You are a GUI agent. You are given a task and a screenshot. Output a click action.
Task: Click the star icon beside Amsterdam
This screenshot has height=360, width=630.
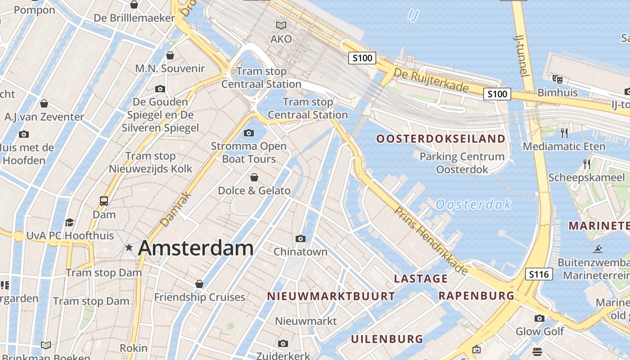tap(129, 247)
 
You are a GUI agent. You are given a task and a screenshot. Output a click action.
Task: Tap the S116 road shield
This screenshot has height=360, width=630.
tap(539, 274)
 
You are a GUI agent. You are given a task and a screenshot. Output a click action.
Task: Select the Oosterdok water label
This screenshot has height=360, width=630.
tap(473, 205)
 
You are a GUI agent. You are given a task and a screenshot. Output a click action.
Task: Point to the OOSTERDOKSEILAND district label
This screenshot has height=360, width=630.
tap(441, 139)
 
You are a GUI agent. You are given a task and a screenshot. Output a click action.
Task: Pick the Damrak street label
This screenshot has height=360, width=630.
tap(175, 209)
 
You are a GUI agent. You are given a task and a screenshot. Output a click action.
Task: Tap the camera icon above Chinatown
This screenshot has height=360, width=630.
tap(301, 238)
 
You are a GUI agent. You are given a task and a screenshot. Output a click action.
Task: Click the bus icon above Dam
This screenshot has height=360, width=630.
tap(104, 201)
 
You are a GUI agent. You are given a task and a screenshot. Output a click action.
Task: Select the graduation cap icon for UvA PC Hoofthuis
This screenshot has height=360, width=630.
tap(69, 222)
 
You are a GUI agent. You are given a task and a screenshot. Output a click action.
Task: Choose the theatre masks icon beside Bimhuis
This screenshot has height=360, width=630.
tap(558, 79)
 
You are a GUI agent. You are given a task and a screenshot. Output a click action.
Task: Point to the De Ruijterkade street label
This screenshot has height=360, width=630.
tap(431, 80)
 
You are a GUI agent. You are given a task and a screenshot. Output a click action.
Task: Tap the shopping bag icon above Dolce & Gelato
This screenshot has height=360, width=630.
tap(254, 177)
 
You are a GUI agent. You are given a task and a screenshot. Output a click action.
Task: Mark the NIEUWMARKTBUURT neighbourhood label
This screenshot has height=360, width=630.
tap(331, 296)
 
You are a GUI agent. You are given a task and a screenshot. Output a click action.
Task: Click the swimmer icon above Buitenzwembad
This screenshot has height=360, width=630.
tap(598, 249)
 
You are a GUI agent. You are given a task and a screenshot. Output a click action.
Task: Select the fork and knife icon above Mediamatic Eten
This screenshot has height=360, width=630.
tap(564, 133)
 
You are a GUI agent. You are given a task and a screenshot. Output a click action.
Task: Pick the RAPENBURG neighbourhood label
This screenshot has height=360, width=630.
tap(476, 296)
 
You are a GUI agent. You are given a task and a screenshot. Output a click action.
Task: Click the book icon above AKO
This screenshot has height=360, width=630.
tap(281, 26)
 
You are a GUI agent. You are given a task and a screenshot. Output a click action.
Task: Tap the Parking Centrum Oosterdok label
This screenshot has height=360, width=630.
tap(462, 163)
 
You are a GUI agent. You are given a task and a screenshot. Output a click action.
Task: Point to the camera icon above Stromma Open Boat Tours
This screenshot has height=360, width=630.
tap(248, 133)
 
